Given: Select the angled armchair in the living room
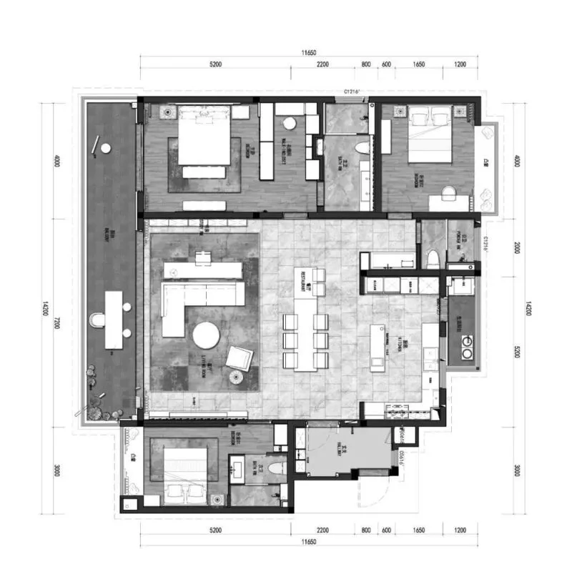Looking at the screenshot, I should pyautogui.click(x=241, y=357).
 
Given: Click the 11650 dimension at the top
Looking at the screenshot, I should pyautogui.click(x=308, y=52).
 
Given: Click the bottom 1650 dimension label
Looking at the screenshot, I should pyautogui.click(x=419, y=530).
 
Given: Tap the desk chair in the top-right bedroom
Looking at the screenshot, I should pyautogui.click(x=448, y=193).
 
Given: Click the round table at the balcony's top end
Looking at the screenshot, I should pyautogui.click(x=106, y=148).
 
